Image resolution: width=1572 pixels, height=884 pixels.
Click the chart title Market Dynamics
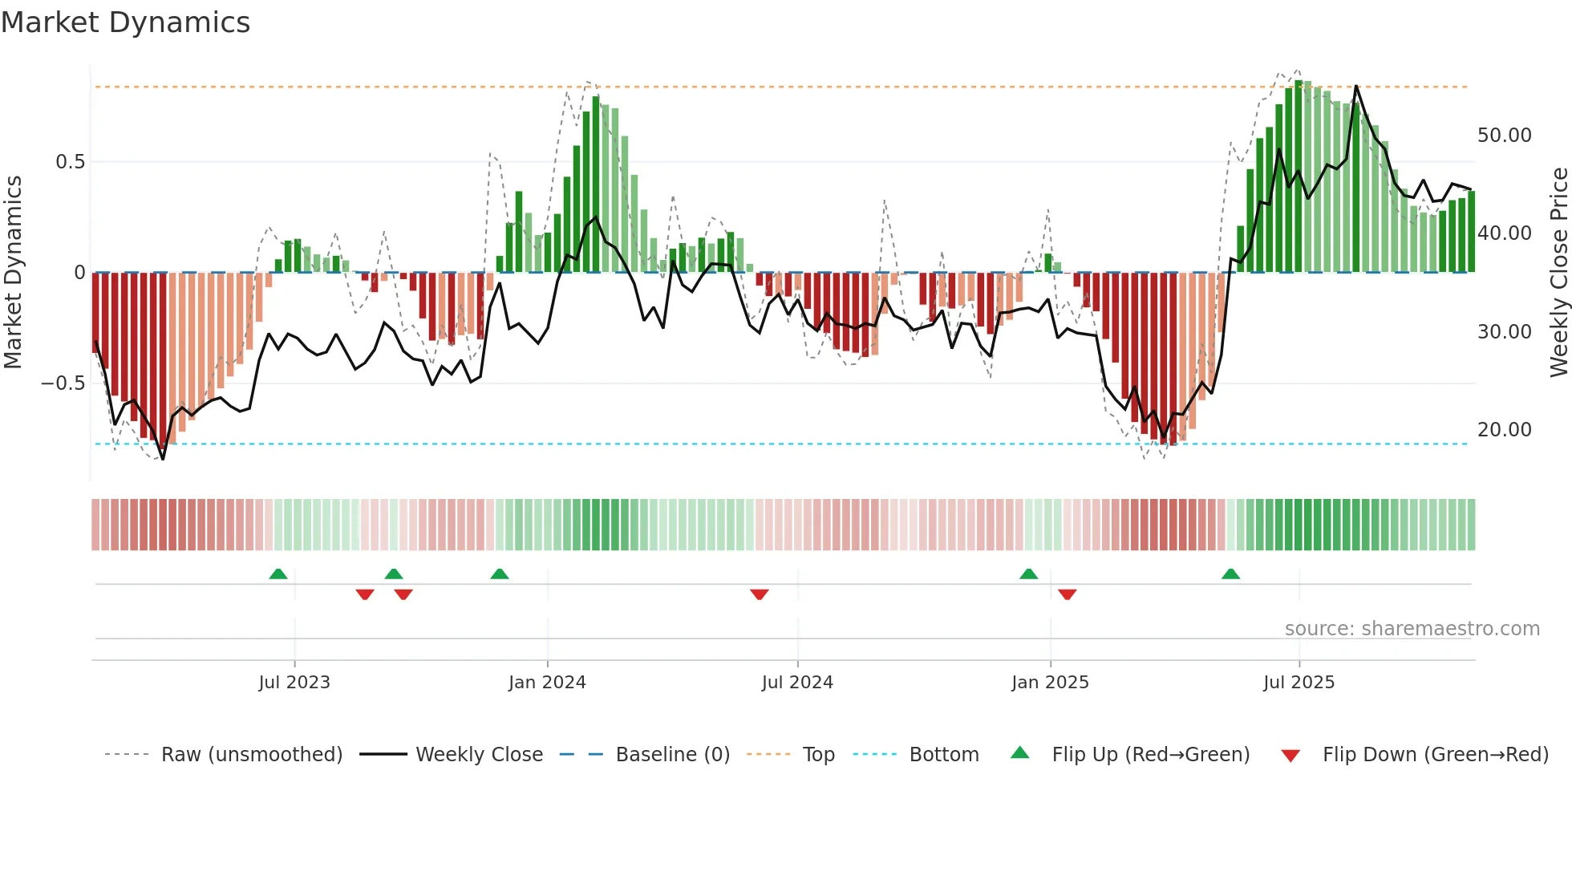(125, 22)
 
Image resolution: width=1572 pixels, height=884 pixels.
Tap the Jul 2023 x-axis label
(294, 683)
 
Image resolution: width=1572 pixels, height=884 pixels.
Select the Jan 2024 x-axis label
(547, 683)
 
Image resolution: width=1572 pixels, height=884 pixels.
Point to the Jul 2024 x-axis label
(797, 683)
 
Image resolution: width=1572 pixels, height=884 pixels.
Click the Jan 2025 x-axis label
(1050, 683)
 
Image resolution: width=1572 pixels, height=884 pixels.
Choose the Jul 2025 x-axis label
(1299, 683)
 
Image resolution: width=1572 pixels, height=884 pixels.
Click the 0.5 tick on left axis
(70, 162)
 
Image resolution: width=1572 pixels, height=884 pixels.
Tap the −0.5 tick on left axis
(63, 383)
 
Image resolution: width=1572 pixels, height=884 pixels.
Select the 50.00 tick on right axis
(1504, 136)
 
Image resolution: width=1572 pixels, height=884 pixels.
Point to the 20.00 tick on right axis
(1504, 430)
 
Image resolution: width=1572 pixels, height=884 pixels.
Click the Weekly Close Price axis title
(1558, 273)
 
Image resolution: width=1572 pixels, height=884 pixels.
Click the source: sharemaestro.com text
(1412, 629)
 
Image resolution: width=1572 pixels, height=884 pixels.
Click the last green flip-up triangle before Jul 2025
(1230, 574)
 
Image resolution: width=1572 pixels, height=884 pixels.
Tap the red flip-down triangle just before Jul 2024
(760, 594)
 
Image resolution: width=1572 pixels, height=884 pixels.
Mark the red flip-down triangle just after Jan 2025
(1067, 594)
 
